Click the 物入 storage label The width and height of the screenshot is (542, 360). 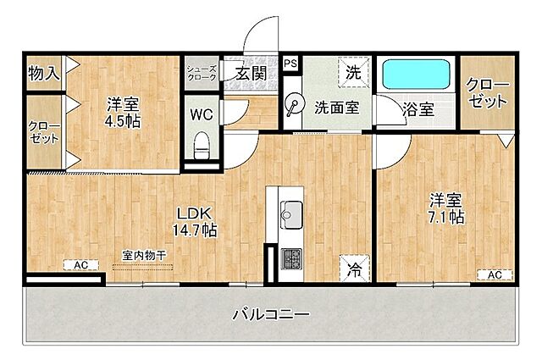(43, 73)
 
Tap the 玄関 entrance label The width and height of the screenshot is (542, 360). (251, 74)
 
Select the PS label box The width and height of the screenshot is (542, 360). (290, 63)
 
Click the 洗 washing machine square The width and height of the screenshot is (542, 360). (352, 71)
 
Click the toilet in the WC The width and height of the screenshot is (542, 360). (202, 147)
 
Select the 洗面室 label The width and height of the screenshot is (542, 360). (337, 108)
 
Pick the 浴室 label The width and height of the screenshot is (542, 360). (418, 108)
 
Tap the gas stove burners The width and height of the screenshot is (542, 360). (290, 257)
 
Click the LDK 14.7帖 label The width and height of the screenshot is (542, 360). (196, 220)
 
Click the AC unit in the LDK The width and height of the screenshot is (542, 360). (80, 265)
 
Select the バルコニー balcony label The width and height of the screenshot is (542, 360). (271, 315)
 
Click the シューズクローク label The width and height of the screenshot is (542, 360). (202, 73)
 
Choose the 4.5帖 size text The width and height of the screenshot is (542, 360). (124, 120)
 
